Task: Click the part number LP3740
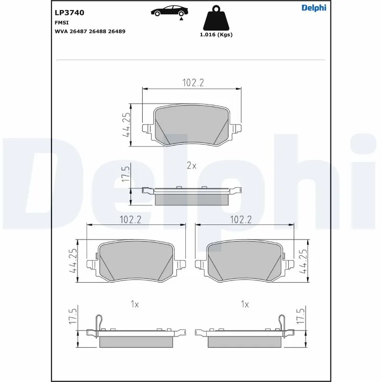[70, 13]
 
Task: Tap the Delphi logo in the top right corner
[314, 8]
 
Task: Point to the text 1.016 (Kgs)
[216, 35]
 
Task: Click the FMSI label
[62, 22]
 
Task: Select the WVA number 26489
[117, 31]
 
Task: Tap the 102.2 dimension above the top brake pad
[193, 83]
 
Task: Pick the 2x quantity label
[191, 166]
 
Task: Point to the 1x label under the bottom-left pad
[135, 304]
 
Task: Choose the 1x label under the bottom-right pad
[245, 304]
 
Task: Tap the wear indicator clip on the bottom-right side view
[281, 322]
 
